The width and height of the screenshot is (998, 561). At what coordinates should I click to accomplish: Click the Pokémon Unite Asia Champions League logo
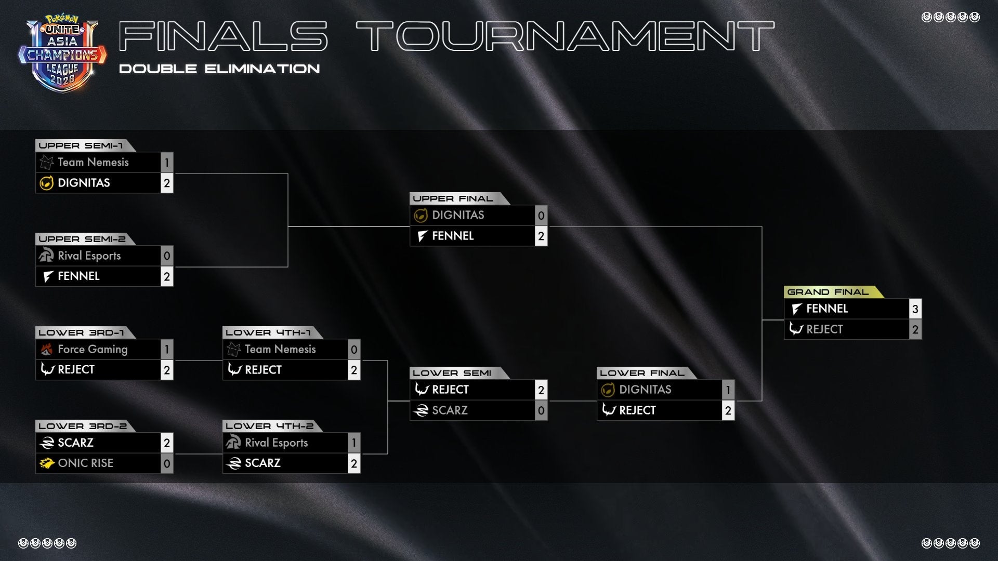(62, 55)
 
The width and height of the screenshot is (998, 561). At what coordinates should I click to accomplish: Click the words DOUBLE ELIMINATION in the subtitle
(219, 69)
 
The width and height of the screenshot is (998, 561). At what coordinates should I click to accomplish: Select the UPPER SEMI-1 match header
(81, 145)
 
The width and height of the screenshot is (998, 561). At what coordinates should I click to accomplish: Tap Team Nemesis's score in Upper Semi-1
(167, 163)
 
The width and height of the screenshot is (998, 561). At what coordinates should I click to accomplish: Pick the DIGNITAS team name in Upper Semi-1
(84, 183)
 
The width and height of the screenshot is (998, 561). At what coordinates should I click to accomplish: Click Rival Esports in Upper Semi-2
(89, 256)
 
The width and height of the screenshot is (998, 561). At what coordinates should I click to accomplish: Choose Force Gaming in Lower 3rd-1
(93, 349)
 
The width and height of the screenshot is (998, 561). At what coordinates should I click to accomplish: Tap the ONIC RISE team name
(85, 463)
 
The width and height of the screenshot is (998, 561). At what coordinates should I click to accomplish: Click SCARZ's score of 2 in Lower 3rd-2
(167, 443)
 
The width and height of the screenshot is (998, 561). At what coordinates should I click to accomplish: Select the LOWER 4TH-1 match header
(268, 332)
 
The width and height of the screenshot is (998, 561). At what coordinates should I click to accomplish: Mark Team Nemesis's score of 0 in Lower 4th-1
(354, 350)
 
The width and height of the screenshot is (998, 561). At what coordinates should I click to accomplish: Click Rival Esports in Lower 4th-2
(276, 443)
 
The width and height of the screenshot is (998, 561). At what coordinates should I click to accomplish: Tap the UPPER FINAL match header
(453, 198)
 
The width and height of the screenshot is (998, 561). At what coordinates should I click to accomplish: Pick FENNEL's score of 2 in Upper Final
(541, 236)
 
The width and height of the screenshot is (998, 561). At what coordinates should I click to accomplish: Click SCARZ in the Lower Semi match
(450, 410)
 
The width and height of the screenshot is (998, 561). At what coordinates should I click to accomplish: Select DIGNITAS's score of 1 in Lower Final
(728, 390)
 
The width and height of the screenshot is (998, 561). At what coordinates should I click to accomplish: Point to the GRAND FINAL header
(828, 292)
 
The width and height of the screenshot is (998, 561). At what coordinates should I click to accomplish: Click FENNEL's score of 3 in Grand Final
(915, 309)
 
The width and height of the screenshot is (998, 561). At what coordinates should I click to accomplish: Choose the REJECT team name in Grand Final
(824, 329)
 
